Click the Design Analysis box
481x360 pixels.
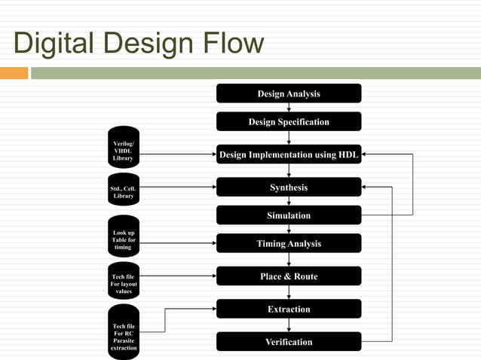click(x=289, y=93)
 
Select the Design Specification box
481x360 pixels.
click(x=289, y=122)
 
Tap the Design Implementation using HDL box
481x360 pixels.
click(x=289, y=154)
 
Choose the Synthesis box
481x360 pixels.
click(x=289, y=188)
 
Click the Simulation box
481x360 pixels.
click(x=289, y=215)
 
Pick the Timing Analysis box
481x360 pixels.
click(x=289, y=243)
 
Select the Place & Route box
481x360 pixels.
click(x=289, y=276)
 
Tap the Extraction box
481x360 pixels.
click(x=289, y=309)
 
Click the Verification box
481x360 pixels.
click(x=289, y=342)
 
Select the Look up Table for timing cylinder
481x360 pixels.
click(x=123, y=239)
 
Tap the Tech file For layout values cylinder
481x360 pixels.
click(x=123, y=282)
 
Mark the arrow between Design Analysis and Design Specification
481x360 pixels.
click(x=289, y=108)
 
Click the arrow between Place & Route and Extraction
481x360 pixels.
click(x=289, y=293)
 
